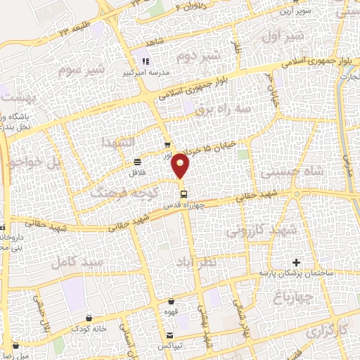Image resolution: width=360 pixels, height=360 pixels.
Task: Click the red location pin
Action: (182, 166)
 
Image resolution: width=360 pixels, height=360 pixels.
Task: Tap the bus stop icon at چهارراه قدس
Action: (183, 194)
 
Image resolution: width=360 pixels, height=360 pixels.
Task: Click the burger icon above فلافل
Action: (136, 162)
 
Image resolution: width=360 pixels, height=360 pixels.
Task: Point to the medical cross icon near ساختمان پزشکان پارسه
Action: (297, 262)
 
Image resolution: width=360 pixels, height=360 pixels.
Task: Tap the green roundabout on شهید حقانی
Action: (298, 193)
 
